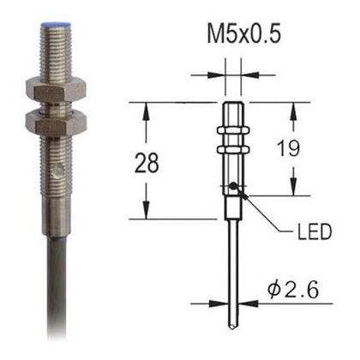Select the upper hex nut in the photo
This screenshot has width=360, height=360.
click(x=51, y=87)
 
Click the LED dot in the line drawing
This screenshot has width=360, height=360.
click(x=233, y=186)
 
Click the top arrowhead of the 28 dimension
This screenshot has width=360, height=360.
click(x=147, y=108)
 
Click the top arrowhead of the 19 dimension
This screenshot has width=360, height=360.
click(x=295, y=108)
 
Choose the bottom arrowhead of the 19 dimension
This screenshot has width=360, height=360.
click(x=295, y=189)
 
